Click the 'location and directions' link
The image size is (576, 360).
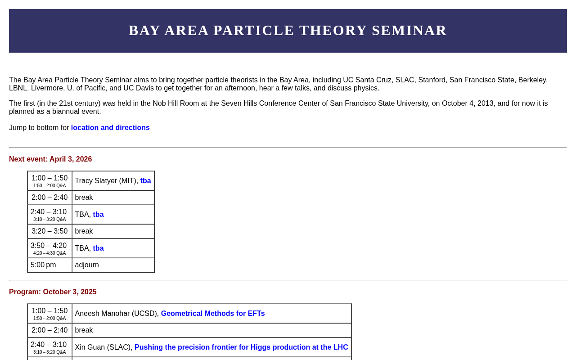click(110, 127)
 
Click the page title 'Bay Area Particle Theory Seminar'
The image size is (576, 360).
click(288, 31)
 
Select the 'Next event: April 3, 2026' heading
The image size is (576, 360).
click(50, 159)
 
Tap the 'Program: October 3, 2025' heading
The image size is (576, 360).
click(53, 292)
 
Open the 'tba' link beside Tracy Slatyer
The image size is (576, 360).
click(145, 181)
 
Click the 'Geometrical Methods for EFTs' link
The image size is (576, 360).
click(213, 314)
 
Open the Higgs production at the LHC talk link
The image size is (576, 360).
click(241, 347)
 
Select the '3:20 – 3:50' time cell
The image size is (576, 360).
click(49, 231)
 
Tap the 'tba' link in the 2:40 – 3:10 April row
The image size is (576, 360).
click(98, 215)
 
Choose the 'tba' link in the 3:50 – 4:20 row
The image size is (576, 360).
click(98, 248)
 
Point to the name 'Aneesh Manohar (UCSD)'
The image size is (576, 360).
click(117, 314)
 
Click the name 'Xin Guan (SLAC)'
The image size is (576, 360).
click(103, 347)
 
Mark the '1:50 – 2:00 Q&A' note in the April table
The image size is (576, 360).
click(49, 186)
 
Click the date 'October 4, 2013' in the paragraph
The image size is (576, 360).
click(468, 103)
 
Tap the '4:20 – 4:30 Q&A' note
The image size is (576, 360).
click(49, 253)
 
